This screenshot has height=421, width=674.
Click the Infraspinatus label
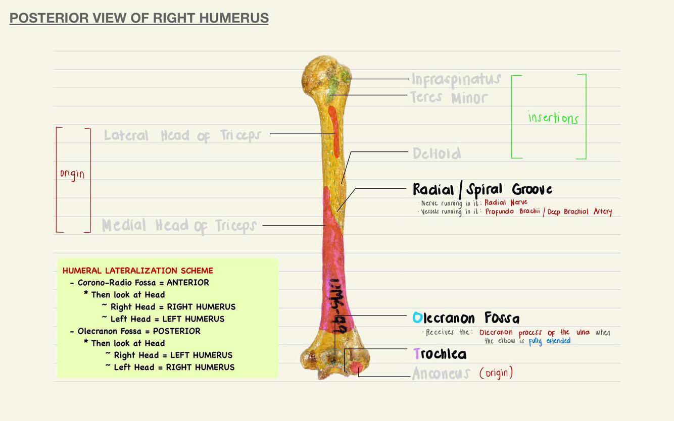coord(456,79)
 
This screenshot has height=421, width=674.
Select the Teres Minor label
coord(449,97)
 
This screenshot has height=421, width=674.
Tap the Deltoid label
coord(437,153)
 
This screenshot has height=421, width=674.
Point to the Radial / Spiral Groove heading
coord(483,190)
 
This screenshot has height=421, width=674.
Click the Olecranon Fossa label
coord(466,318)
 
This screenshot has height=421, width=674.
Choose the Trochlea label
coord(440,354)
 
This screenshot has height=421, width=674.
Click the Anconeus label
coord(441,374)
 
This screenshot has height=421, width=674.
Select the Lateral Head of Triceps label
coord(182,136)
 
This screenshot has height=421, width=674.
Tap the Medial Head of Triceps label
coord(179,226)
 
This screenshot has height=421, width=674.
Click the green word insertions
coord(553,118)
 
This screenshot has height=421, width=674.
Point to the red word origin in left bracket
coord(72,174)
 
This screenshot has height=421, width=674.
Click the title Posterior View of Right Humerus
coord(139,18)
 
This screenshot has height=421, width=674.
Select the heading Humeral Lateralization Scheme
coord(138,271)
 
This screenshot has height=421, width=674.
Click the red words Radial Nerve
coord(506,202)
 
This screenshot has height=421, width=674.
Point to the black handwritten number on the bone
coord(335,305)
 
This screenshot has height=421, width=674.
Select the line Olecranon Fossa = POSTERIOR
coord(139,331)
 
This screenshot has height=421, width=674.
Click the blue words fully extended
coord(550,341)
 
